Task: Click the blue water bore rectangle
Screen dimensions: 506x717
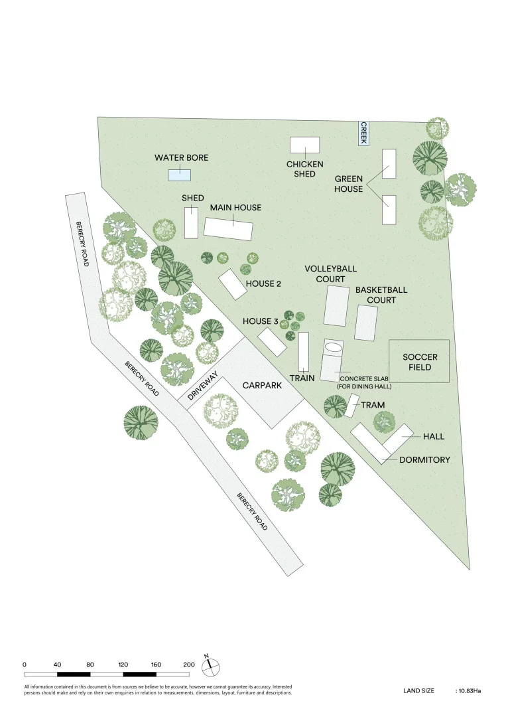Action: (179, 175)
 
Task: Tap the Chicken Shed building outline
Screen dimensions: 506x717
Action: (304, 145)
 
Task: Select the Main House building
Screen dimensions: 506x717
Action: (228, 228)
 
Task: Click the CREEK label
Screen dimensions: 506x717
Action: (363, 133)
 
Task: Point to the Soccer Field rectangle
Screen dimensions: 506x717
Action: (418, 361)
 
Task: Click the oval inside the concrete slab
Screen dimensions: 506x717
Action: (334, 347)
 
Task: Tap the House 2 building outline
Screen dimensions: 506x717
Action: (233, 284)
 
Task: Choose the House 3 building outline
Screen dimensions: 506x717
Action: (272, 342)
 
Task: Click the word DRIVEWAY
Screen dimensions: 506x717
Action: (203, 386)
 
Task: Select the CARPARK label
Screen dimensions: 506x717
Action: (262, 386)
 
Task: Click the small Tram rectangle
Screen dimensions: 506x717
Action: (351, 406)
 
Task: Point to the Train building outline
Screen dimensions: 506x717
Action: (303, 352)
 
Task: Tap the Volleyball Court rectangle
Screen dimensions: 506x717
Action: (337, 306)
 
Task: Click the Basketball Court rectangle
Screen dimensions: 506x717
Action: (366, 323)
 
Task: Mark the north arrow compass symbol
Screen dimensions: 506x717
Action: (210, 667)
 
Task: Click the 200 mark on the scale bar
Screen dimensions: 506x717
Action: (189, 665)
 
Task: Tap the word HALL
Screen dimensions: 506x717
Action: (434, 437)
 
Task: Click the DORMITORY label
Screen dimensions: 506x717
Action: (424, 460)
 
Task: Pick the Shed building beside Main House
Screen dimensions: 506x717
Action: (192, 222)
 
